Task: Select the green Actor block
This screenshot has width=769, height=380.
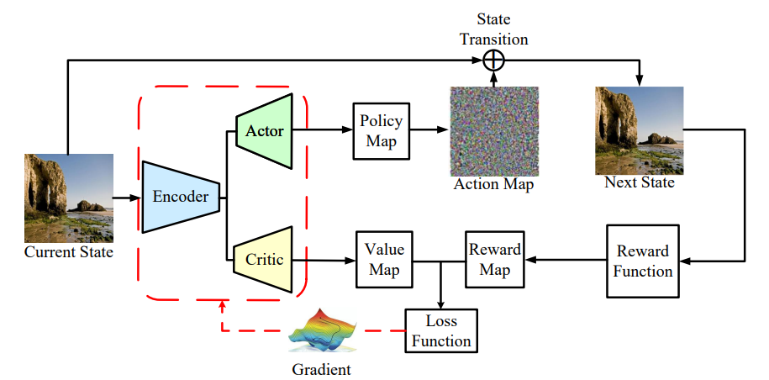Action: [263, 130]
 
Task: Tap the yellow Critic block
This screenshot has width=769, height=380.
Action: [263, 260]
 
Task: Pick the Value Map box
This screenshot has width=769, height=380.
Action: [384, 260]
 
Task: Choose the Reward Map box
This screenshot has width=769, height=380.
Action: [494, 260]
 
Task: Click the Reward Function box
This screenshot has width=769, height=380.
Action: [642, 261]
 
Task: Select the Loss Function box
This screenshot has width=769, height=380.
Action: [440, 330]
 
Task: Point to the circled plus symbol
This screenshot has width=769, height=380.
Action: [494, 60]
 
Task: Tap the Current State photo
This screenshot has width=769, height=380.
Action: [68, 198]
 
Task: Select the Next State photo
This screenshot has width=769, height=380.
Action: [639, 130]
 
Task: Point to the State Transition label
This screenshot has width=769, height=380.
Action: [494, 29]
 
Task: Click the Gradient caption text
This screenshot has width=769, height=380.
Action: [321, 369]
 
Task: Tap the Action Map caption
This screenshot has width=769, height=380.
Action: [494, 185]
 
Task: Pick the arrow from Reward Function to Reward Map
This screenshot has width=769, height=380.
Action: [564, 260]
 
